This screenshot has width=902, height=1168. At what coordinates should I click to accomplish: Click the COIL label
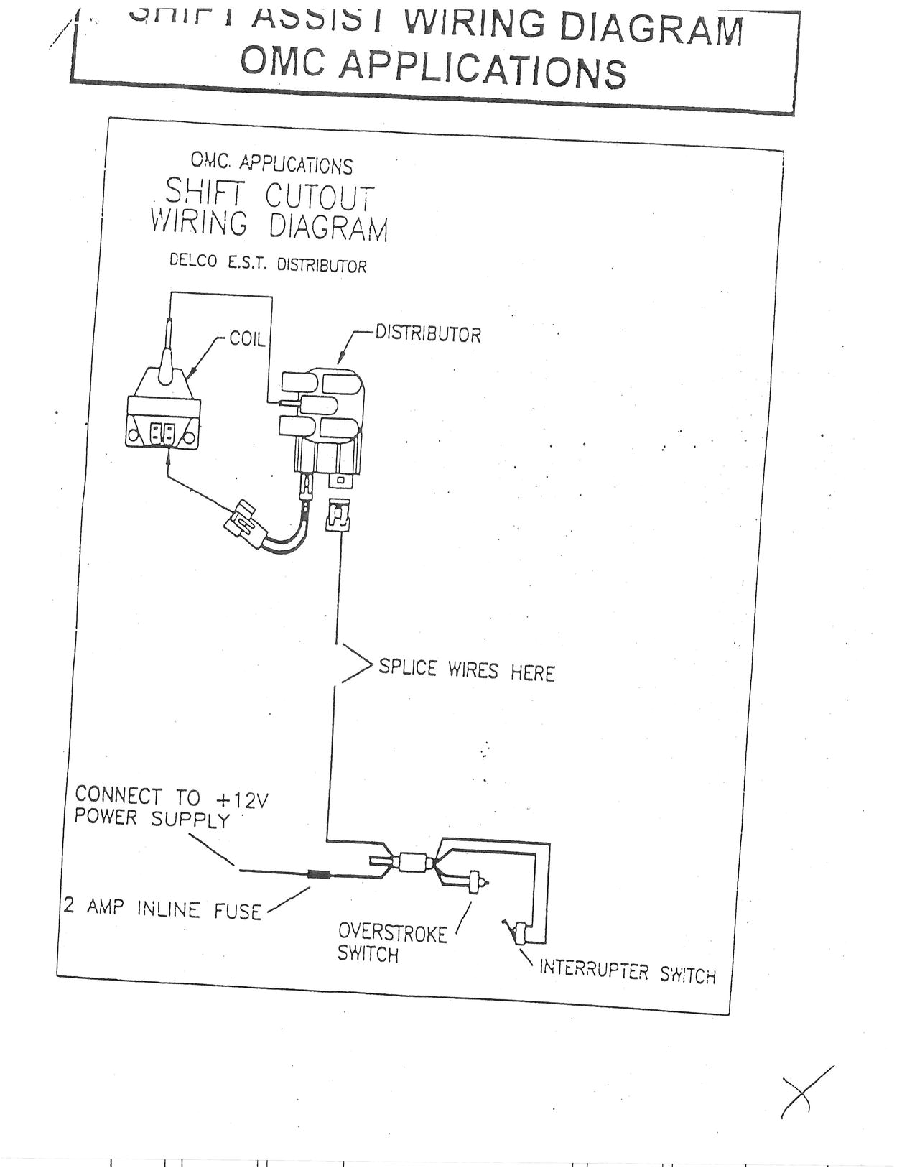tap(247, 338)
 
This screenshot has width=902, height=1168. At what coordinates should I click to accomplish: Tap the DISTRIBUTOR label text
tap(428, 334)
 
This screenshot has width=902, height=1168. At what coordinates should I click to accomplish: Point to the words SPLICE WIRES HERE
tap(467, 670)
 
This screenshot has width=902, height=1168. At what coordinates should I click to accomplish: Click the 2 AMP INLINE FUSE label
tap(162, 908)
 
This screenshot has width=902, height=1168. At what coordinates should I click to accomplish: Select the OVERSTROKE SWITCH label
tap(391, 943)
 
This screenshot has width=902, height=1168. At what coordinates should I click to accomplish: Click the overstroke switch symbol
tap(475, 881)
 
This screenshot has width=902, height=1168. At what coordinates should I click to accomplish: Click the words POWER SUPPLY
tap(152, 819)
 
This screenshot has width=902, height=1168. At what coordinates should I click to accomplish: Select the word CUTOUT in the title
tap(320, 196)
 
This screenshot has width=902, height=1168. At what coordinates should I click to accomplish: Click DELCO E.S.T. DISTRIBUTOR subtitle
tap(268, 263)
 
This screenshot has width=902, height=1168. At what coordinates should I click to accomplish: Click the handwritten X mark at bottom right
tap(806, 1093)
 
